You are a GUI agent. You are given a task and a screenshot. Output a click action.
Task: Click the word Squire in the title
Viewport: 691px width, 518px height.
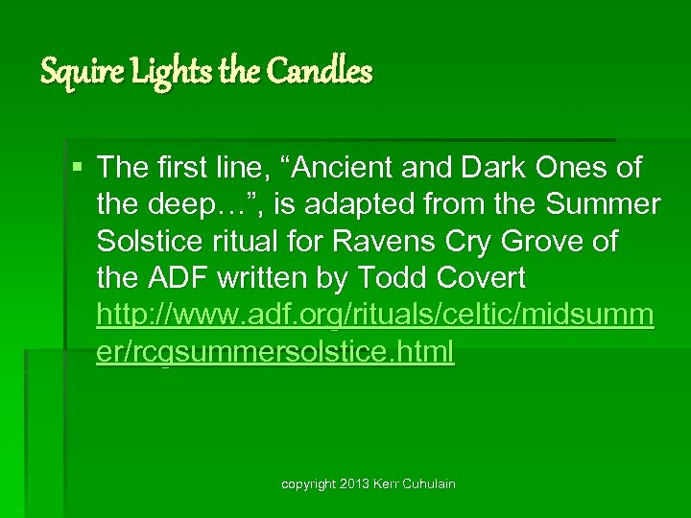point(72,71)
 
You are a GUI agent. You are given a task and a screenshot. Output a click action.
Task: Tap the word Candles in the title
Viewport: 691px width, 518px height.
point(323,71)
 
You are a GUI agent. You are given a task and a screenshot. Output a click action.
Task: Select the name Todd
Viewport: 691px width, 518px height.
point(390,278)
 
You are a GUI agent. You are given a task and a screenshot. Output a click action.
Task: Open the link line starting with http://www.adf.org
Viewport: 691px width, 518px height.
point(375,315)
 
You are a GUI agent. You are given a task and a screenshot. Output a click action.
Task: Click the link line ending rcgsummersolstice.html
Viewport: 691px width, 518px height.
point(275,351)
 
